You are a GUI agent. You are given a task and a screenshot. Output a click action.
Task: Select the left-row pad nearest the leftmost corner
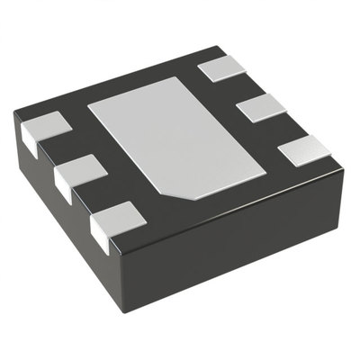point(42,126)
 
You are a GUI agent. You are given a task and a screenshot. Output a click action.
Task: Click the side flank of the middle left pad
point(64,184)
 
